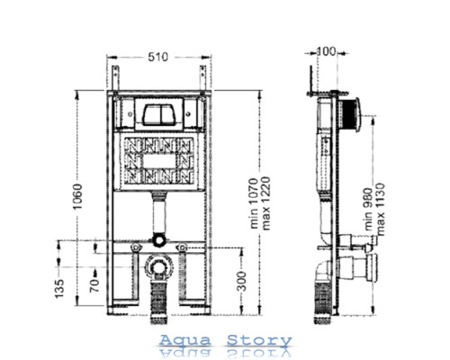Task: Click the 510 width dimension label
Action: [158, 57]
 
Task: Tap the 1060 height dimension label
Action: [77, 196]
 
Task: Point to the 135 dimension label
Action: [59, 289]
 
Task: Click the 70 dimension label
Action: [94, 285]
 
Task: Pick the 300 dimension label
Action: [241, 281]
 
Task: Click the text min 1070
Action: [254, 203]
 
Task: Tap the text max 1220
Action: [265, 203]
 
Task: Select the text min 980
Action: [368, 210]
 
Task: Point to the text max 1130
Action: [380, 210]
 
